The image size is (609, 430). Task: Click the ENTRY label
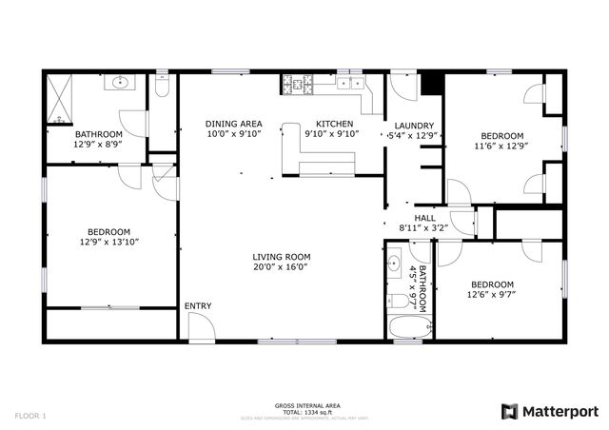[x=198, y=305]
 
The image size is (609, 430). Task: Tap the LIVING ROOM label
[x=281, y=257]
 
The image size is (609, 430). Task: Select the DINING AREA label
[x=233, y=124]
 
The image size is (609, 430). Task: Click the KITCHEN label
[x=334, y=124]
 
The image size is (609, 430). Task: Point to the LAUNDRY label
[x=414, y=126]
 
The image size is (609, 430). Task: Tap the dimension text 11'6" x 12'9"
[x=501, y=146]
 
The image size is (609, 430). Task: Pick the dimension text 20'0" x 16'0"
[x=281, y=267]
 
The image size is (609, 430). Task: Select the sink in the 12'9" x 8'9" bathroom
[x=121, y=84]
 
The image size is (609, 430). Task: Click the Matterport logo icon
[x=509, y=411]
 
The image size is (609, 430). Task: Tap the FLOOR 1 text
[x=30, y=415]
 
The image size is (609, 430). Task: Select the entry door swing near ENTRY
[x=201, y=327]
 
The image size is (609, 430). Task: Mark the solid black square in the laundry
[x=432, y=84]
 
